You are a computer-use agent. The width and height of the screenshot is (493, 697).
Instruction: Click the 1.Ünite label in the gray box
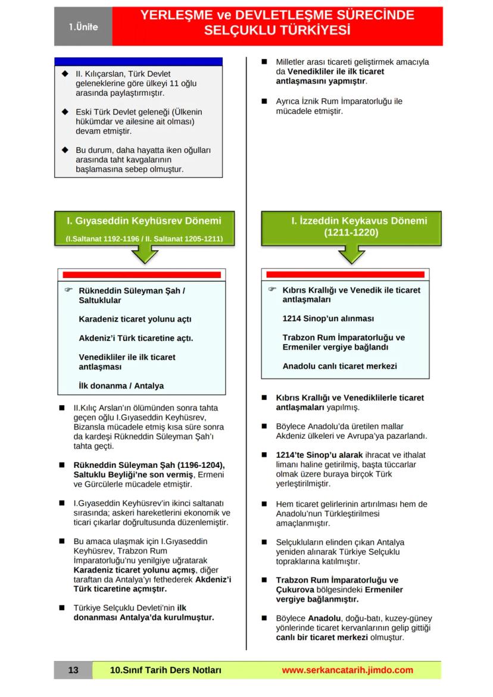click(83, 27)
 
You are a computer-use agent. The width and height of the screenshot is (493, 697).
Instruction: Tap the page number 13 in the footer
click(73, 670)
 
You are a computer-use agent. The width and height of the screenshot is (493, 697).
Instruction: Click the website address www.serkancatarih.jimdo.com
click(347, 670)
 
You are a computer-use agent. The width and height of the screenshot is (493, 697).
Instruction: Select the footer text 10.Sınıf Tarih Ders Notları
click(166, 670)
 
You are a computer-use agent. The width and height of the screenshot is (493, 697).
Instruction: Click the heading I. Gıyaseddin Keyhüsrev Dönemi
click(143, 221)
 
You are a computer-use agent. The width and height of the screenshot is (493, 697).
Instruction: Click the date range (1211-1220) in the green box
click(351, 232)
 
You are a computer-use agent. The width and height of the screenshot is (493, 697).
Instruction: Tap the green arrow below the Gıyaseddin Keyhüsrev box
click(143, 254)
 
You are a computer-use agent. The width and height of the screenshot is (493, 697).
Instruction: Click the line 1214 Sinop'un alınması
click(328, 318)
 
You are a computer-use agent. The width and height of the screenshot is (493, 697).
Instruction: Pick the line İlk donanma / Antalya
click(121, 386)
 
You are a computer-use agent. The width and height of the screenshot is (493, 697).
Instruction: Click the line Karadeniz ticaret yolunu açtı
click(135, 319)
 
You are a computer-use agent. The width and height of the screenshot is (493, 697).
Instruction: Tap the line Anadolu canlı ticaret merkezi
click(339, 366)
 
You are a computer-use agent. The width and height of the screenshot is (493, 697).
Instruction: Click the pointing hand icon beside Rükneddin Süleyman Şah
click(68, 290)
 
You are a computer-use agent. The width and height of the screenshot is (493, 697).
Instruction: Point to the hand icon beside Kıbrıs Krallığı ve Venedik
click(272, 289)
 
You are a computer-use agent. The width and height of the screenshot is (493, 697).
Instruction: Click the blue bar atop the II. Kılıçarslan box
click(138, 61)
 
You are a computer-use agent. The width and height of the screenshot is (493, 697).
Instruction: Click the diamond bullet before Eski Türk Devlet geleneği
click(65, 112)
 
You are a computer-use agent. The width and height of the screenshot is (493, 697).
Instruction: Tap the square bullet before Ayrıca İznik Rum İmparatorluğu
click(264, 101)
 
